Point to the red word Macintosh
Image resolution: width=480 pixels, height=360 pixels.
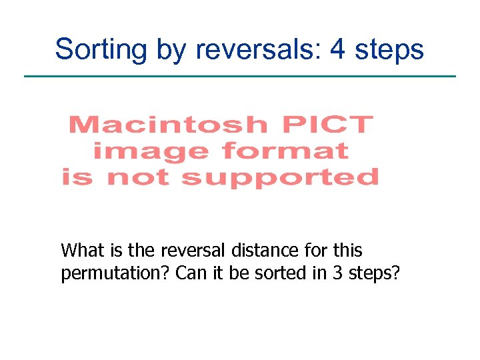click(167, 125)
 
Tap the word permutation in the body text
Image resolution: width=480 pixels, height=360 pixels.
click(114, 274)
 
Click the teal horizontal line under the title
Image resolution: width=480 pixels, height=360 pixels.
click(240, 77)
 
